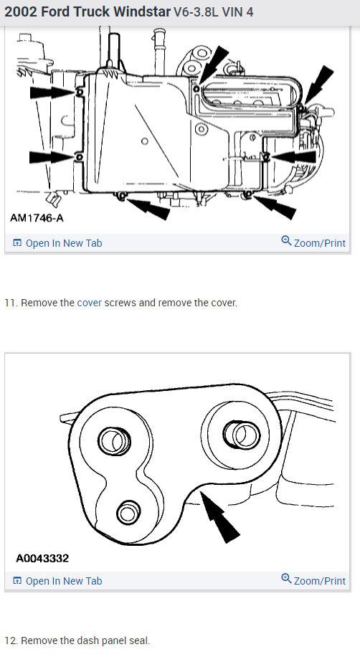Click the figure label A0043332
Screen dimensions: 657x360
point(42,557)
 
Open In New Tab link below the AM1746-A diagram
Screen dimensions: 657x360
point(57,243)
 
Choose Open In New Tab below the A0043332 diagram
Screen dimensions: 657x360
point(57,581)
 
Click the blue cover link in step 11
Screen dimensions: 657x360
point(90,303)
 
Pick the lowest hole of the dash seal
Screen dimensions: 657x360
point(128,512)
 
